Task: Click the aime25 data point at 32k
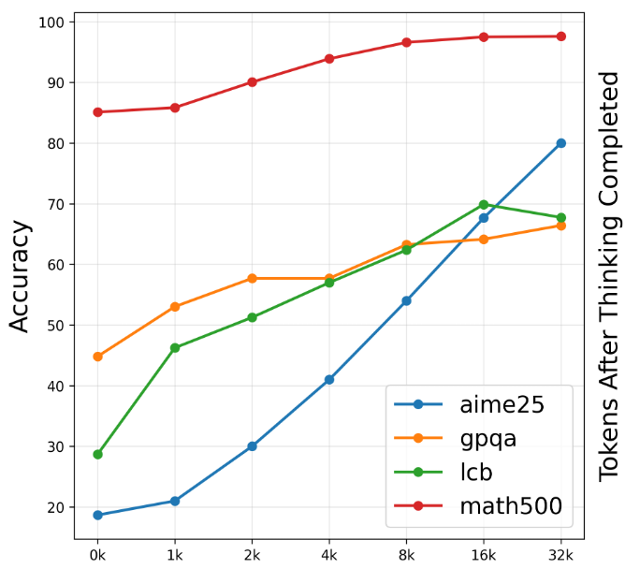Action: click(x=560, y=143)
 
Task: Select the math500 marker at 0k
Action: click(x=97, y=112)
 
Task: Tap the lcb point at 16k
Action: click(x=484, y=204)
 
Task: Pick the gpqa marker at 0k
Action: click(x=97, y=357)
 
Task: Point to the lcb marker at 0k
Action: click(x=97, y=454)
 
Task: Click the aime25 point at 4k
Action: click(x=329, y=380)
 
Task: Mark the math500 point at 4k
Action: click(x=329, y=59)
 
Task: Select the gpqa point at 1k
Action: click(x=175, y=307)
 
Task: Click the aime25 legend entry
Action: click(x=496, y=405)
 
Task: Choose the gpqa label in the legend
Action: click(x=487, y=439)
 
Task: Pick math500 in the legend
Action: click(x=510, y=506)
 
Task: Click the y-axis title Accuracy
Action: click(x=21, y=276)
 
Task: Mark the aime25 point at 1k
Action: click(x=175, y=502)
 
